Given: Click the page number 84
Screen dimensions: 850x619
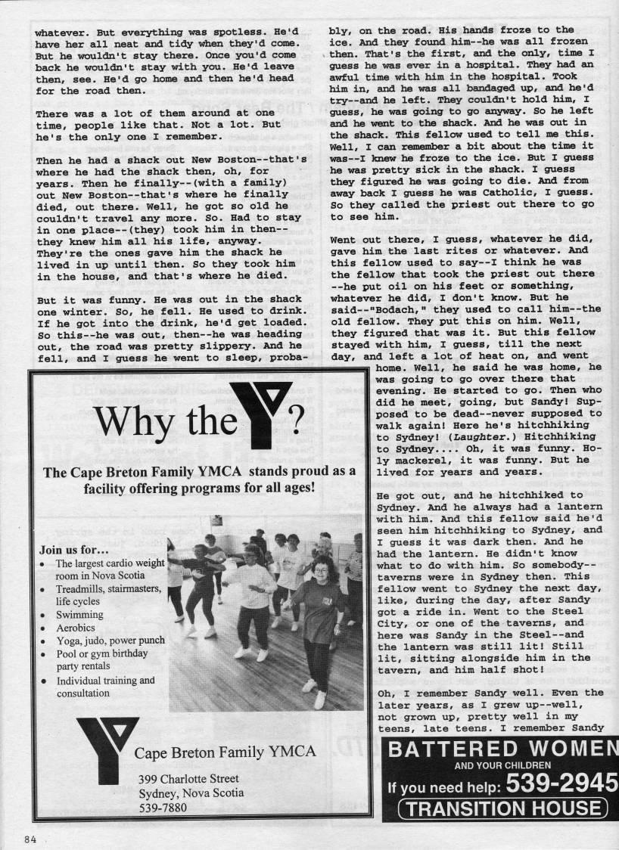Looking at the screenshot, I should coord(30,839).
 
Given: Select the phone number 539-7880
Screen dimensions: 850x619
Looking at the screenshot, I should coord(163,807).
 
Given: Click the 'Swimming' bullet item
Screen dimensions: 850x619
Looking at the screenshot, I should coord(79,615).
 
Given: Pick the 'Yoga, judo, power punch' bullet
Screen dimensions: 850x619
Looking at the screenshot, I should coord(110,640).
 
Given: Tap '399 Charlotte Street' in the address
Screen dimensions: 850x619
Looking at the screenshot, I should coord(188,778).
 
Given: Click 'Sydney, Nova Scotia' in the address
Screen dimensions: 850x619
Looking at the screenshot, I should coord(191,793).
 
